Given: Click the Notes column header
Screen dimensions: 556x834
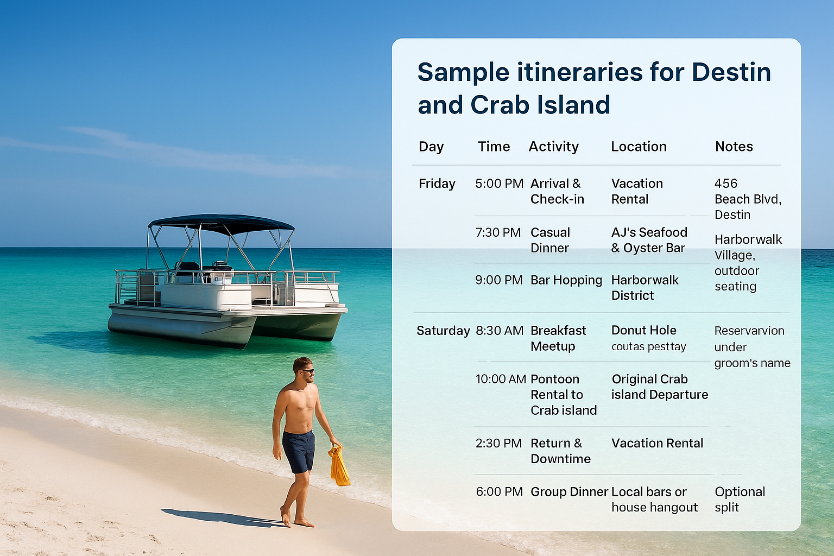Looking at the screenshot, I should pyautogui.click(x=734, y=147).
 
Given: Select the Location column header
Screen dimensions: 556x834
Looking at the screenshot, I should pyautogui.click(x=639, y=147).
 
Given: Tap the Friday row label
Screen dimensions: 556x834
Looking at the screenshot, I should pyautogui.click(x=437, y=184).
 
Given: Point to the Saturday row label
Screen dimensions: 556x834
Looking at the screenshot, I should pyautogui.click(x=443, y=331).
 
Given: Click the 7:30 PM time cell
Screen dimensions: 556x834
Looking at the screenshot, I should pyautogui.click(x=497, y=232).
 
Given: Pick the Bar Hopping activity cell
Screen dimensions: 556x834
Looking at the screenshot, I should pyautogui.click(x=566, y=280).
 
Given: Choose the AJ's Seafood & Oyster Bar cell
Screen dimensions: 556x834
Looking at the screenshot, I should pyautogui.click(x=649, y=240).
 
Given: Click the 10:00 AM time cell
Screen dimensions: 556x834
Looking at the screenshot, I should pyautogui.click(x=501, y=379).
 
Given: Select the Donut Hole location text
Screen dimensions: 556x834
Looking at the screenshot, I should pyautogui.click(x=643, y=330).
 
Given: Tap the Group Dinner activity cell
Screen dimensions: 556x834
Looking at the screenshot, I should pyautogui.click(x=568, y=492).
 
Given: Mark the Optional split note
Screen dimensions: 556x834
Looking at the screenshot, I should pyautogui.click(x=739, y=500).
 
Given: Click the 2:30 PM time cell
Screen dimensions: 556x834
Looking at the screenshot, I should pyautogui.click(x=498, y=443).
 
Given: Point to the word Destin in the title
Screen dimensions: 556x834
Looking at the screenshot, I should pyautogui.click(x=731, y=72).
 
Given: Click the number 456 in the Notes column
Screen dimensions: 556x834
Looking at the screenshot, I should pyautogui.click(x=726, y=184).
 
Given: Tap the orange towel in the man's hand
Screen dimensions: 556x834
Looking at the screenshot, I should pyautogui.click(x=339, y=467).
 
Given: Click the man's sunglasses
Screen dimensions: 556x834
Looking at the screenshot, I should pyautogui.click(x=308, y=371).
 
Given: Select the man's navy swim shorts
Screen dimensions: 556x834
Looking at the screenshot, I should pyautogui.click(x=298, y=451).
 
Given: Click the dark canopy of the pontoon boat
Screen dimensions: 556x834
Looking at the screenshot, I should pyautogui.click(x=221, y=223).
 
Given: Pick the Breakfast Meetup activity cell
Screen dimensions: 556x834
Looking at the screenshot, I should pyautogui.click(x=558, y=338).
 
